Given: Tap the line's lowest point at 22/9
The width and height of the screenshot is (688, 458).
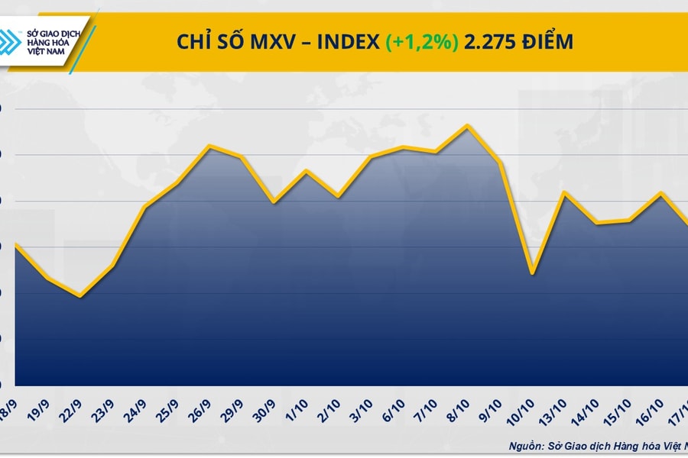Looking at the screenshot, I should point(80,296).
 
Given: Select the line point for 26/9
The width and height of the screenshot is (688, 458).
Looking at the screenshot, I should point(209,146).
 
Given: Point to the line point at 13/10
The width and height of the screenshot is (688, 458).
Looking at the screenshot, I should point(564,192).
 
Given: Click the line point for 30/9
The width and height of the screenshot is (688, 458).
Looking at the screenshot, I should point(274,202).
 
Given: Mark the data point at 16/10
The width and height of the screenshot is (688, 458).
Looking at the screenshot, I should point(660,192).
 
